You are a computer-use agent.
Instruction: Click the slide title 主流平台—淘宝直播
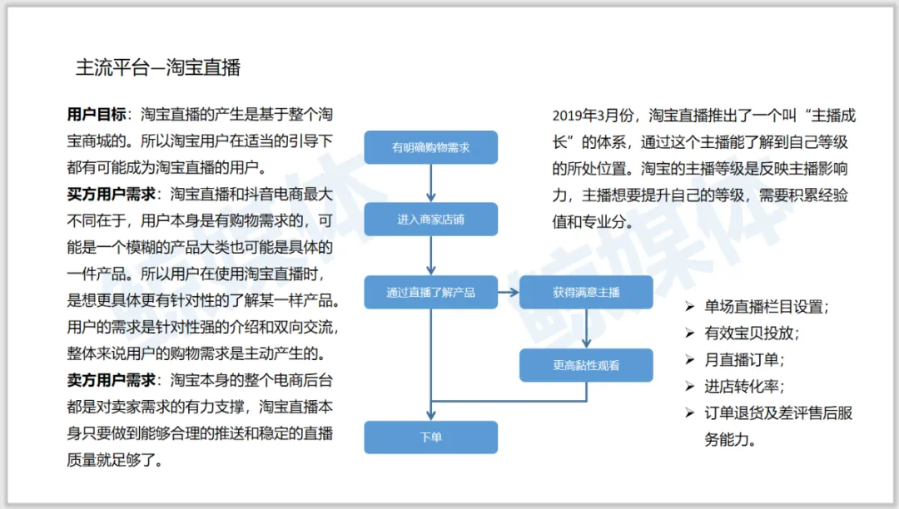coord(158,67)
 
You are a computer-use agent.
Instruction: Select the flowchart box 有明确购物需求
coord(430,147)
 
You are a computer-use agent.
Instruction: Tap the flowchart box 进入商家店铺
coord(430,220)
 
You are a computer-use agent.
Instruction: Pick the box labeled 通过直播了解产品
coord(430,293)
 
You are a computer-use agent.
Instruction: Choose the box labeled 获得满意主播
coord(586,293)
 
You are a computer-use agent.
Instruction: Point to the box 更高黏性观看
coord(586,365)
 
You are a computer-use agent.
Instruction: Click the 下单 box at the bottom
coord(430,437)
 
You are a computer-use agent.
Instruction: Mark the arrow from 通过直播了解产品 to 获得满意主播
coord(509,293)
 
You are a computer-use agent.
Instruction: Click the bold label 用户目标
coord(97,115)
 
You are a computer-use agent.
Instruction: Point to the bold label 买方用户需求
coord(112,195)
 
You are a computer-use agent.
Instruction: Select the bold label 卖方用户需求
coord(112,381)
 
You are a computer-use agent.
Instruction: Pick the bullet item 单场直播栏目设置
coord(767,306)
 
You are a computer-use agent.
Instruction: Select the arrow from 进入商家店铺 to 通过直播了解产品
coord(430,255)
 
